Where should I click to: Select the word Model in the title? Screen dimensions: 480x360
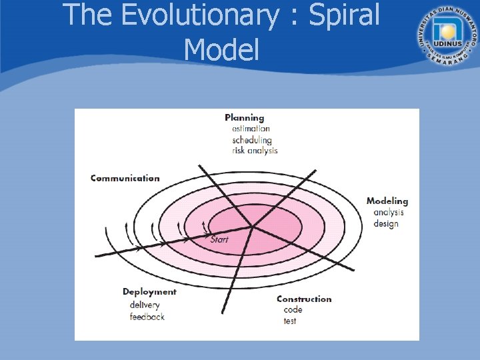(x=221, y=49)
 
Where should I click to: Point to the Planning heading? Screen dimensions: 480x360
(x=244, y=118)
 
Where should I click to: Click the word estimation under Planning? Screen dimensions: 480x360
(x=251, y=129)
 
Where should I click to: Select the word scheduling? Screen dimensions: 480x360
(x=252, y=140)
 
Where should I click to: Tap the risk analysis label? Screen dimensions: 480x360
(x=255, y=151)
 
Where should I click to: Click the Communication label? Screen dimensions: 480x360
(x=125, y=178)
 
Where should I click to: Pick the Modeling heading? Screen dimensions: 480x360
(x=387, y=201)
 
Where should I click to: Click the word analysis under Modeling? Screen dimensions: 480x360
(x=389, y=212)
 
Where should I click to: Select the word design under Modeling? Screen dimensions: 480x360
(x=386, y=223)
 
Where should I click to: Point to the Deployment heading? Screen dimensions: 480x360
(x=149, y=291)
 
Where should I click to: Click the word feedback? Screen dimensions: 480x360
(x=147, y=317)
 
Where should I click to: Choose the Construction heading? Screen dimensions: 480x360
(x=304, y=299)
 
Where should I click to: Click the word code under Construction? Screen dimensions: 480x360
(x=293, y=309)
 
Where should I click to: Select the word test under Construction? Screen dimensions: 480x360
(x=290, y=321)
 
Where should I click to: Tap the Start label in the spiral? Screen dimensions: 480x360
(x=219, y=239)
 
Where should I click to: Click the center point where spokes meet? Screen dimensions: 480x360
(x=253, y=227)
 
